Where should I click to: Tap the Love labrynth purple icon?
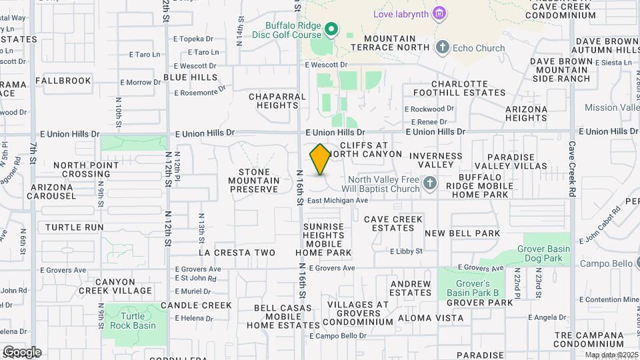click(x=439, y=13)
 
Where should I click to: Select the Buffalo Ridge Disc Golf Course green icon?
click(x=331, y=29)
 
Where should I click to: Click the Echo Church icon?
click(x=442, y=47)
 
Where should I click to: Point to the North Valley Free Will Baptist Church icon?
click(x=430, y=183)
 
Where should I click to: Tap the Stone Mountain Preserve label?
click(x=253, y=180)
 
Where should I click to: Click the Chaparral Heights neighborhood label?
click(x=277, y=101)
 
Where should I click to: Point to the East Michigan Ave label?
click(x=338, y=200)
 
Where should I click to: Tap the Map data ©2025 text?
click(x=611, y=355)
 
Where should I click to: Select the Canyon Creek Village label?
click(x=115, y=286)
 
